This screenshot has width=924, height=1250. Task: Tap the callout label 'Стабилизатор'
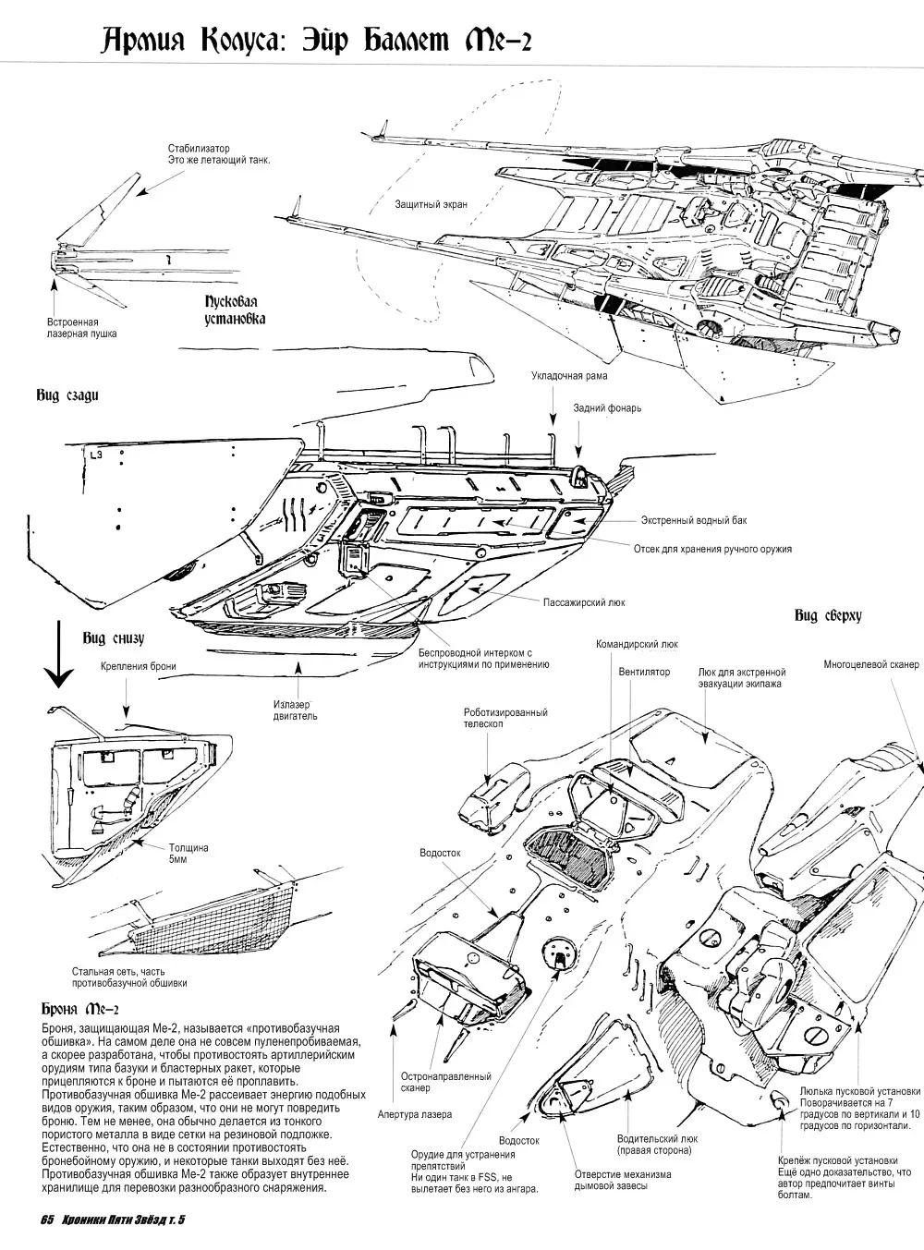[x=199, y=149]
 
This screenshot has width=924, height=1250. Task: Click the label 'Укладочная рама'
[x=569, y=376]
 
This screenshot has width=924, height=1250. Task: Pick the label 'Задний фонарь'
[x=607, y=407]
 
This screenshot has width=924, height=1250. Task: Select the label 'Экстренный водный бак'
[x=694, y=520]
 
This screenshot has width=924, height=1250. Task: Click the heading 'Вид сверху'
[x=828, y=615]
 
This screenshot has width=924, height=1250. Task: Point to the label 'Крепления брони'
[x=139, y=666]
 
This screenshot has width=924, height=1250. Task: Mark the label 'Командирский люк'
[x=637, y=646]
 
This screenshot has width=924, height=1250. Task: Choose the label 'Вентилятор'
[x=644, y=672]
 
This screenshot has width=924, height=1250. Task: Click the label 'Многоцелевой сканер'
[x=871, y=664]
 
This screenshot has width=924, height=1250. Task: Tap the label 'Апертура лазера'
[x=415, y=1114]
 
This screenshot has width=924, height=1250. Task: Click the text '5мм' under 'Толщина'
[x=177, y=859]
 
